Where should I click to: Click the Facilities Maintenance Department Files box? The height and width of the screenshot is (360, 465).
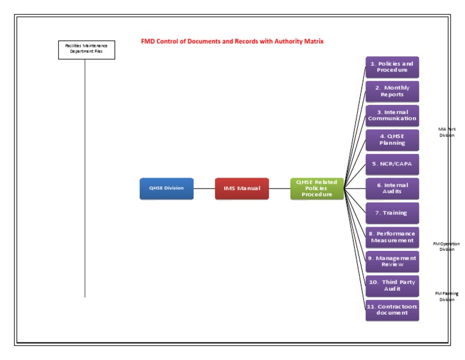coord(86,49)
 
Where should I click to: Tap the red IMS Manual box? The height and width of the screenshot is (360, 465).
coord(242,188)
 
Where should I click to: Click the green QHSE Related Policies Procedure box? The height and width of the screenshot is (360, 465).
coord(317,188)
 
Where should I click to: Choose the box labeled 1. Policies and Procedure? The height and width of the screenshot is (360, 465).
coord(392,67)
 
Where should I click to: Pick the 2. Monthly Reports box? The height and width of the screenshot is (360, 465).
coord(392,91)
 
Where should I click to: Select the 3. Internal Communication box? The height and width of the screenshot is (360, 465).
coord(392,115)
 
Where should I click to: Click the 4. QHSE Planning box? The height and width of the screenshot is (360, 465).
coord(392,140)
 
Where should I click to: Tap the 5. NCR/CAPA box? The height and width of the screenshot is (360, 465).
coord(392,164)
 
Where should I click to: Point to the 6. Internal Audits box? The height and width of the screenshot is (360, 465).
coord(392,188)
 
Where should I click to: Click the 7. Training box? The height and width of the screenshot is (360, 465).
coord(392,213)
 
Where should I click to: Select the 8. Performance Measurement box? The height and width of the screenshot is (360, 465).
coord(392,237)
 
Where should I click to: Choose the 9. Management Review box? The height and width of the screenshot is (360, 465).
coord(392,261)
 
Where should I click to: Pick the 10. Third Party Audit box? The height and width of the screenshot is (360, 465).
coord(392,285)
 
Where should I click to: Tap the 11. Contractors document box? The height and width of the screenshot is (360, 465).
coord(392,310)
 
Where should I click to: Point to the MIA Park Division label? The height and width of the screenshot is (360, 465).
coord(447,132)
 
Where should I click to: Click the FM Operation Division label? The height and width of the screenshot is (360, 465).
coord(446,246)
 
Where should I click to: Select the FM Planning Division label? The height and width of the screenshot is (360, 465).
coord(447,296)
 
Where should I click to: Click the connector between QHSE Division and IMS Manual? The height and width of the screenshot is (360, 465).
coord(204,188)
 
